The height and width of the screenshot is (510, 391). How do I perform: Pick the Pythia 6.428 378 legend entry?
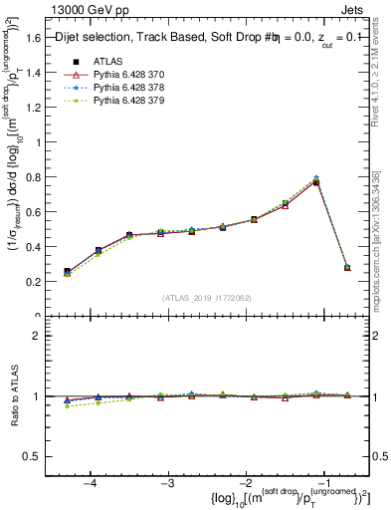coord(121,88)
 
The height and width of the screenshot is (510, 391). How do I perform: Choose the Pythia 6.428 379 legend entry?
coord(121,101)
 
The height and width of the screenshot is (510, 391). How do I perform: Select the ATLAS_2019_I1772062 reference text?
coord(206,298)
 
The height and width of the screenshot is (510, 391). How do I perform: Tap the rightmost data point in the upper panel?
coord(347,267)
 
